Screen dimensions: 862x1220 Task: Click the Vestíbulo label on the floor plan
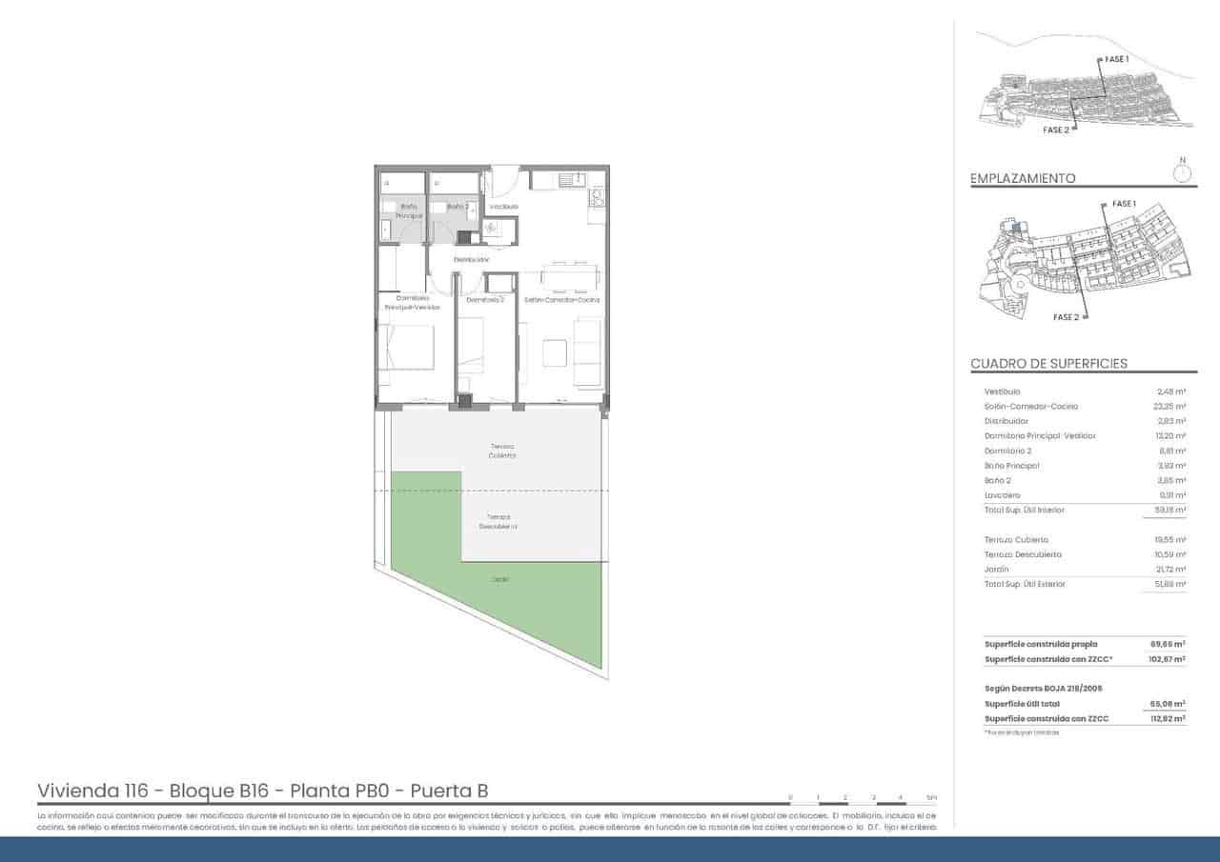(x=503, y=207)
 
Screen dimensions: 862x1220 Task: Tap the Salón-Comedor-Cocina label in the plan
(x=560, y=300)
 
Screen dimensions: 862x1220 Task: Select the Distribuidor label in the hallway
(x=472, y=259)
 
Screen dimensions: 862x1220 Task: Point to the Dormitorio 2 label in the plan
(x=485, y=300)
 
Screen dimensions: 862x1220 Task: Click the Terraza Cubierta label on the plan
(x=502, y=451)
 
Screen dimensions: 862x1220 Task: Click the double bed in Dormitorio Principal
(x=408, y=347)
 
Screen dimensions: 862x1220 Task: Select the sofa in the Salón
(x=588, y=352)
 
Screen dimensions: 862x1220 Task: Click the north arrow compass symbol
(x=1182, y=171)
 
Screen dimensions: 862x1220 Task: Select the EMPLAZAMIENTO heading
(x=1023, y=178)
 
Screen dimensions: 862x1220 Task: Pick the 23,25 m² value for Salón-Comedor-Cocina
(x=1169, y=407)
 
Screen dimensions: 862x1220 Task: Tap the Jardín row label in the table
(x=997, y=570)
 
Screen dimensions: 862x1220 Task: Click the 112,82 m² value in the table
(x=1168, y=718)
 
